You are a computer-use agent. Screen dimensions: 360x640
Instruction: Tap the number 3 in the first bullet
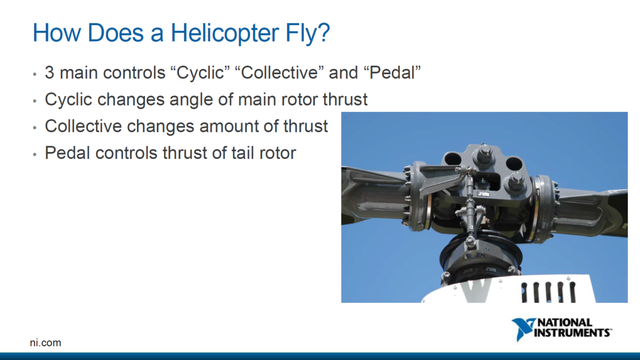[50, 73]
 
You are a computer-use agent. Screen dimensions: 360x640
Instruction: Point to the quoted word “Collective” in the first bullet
[279, 73]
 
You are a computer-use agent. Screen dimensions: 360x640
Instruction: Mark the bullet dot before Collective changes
[35, 128]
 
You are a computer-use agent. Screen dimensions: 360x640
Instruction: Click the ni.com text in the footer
[45, 343]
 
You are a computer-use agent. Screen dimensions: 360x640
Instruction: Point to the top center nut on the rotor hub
[485, 154]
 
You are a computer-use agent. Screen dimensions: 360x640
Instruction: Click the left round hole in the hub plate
[452, 158]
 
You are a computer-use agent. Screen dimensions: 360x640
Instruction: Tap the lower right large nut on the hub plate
[516, 181]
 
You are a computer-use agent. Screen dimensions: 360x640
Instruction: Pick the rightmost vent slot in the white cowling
[572, 292]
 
